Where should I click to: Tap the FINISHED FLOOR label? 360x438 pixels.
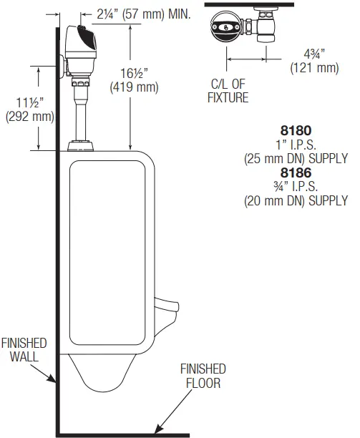pos(202,376)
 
